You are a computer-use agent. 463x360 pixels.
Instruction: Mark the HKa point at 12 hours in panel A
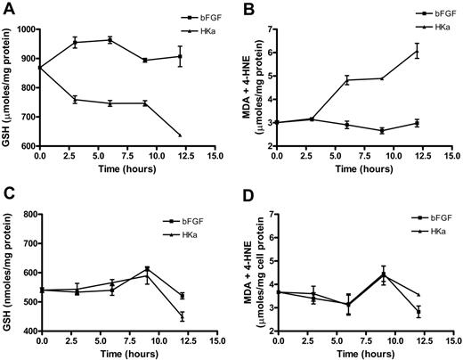tap(181, 135)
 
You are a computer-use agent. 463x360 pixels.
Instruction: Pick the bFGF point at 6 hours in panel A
tap(110, 40)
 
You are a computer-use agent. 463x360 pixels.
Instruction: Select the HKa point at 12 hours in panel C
tap(181, 315)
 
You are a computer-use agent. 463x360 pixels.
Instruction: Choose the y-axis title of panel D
tap(247, 272)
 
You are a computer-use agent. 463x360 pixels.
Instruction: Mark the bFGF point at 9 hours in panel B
tap(384, 130)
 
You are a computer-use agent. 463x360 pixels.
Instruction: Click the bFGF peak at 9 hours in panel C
tap(146, 268)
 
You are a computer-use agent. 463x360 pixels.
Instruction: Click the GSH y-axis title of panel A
tap(8, 87)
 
